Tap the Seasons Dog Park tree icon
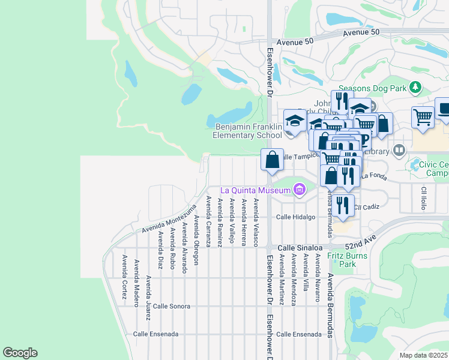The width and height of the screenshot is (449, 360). (x=415, y=88)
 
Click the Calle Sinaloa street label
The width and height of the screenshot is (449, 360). (x=300, y=247)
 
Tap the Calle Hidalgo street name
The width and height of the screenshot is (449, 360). (x=295, y=217)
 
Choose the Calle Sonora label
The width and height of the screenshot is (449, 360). (x=172, y=306)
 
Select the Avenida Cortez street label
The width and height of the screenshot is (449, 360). (x=124, y=277)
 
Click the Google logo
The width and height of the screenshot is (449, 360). (x=20, y=353)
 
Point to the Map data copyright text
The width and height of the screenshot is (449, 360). (x=424, y=355)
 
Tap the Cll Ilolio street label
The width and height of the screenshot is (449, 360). (x=423, y=198)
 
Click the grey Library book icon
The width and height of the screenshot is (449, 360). (x=399, y=149)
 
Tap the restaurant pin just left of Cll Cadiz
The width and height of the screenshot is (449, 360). (x=342, y=205)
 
